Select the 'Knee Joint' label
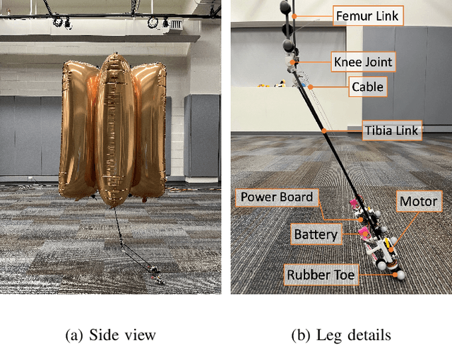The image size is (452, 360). (362, 61)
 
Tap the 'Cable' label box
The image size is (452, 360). (368, 87)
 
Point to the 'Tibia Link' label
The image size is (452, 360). (392, 130)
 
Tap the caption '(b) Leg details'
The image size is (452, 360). (341, 335)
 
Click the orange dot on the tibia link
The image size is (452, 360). (324, 130)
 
